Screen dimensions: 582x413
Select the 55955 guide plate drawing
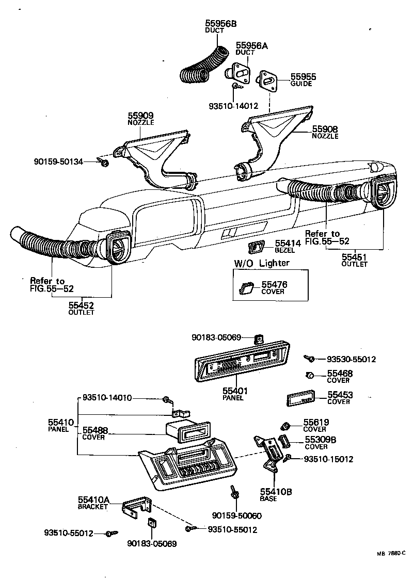pos(268,80)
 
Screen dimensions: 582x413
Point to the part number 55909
pos(140,116)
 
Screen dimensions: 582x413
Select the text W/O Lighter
pos(262,263)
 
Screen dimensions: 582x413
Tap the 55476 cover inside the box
pos(246,288)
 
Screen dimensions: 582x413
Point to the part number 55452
pos(82,305)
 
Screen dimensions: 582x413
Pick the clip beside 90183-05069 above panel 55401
pos(258,338)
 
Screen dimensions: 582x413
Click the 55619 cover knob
pos(283,426)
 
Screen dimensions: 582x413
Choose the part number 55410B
pos(276,492)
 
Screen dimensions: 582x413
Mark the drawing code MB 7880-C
pos(391,554)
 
